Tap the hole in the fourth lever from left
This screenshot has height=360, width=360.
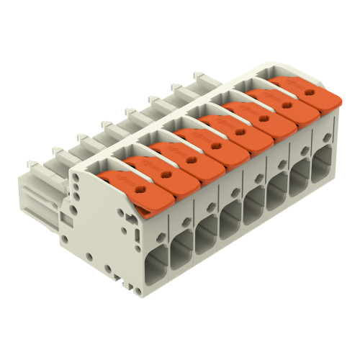(x=219, y=138)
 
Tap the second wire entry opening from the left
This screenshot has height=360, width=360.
(x=207, y=234)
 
